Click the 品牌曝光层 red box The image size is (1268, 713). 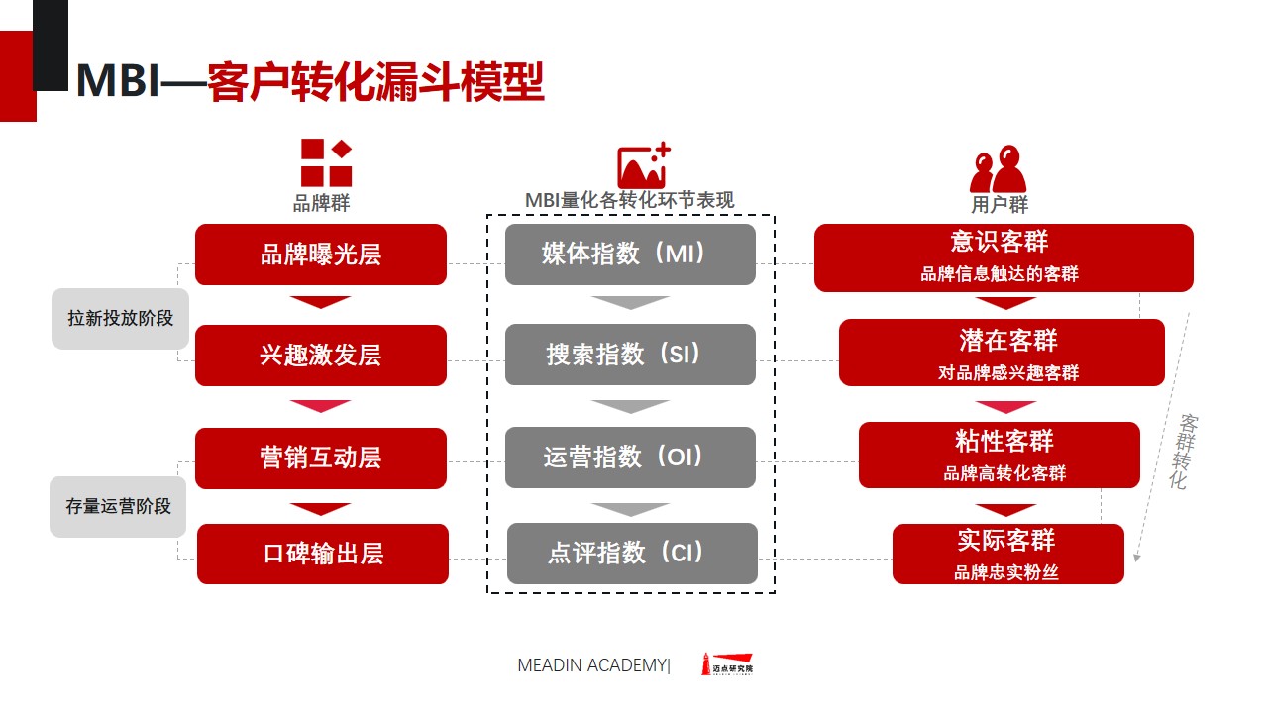click(x=321, y=255)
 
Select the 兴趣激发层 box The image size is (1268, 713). click(x=321, y=356)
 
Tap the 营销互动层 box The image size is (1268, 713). click(x=321, y=458)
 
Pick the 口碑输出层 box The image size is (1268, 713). click(x=323, y=554)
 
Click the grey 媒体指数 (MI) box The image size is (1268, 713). click(x=630, y=255)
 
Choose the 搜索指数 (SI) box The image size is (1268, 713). click(x=630, y=355)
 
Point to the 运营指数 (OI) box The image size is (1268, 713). click(x=630, y=458)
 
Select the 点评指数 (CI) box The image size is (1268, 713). click(x=632, y=554)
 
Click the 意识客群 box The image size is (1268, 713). click(x=1004, y=258)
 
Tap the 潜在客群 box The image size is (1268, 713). click(x=1002, y=353)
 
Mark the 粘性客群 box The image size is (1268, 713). click(x=1000, y=455)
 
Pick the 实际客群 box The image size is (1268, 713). click(x=1008, y=554)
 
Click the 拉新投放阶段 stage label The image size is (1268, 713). click(x=120, y=319)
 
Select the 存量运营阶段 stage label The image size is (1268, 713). click(x=118, y=506)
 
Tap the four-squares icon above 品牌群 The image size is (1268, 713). click(x=326, y=163)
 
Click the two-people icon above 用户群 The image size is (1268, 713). click(x=998, y=168)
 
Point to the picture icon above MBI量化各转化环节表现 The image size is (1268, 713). click(x=644, y=165)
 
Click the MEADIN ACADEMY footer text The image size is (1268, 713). click(x=593, y=665)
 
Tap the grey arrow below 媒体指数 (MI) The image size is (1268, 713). click(x=630, y=303)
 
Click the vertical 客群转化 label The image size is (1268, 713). click(x=1183, y=452)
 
